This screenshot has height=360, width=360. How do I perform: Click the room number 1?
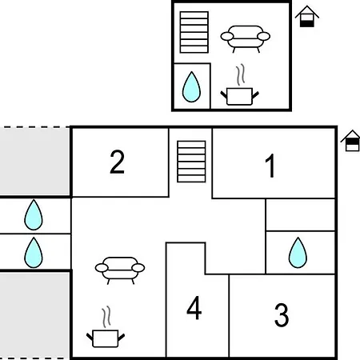click(x=270, y=166)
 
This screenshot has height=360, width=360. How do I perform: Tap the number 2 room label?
click(x=118, y=162)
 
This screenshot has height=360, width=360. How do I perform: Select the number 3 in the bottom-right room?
click(x=282, y=314)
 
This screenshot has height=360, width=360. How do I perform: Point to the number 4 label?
click(x=194, y=308)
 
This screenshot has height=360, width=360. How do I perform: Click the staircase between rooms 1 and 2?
click(x=191, y=162)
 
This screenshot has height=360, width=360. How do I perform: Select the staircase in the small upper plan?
click(x=194, y=32)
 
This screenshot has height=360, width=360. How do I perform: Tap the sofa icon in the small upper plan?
click(x=246, y=38)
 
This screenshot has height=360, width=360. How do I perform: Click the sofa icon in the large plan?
click(x=120, y=270)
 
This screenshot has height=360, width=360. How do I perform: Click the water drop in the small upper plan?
click(x=191, y=86)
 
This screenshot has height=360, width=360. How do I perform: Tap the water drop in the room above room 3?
click(x=298, y=253)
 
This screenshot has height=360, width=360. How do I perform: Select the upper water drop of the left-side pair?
click(x=34, y=214)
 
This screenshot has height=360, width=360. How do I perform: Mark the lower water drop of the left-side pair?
click(x=34, y=253)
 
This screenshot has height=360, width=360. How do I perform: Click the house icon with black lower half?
click(x=307, y=17)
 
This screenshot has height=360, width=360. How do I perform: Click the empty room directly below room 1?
click(x=300, y=214)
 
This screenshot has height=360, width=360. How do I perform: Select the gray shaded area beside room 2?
click(x=34, y=162)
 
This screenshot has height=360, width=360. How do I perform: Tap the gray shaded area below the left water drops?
click(x=34, y=315)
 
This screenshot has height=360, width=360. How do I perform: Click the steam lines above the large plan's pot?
click(x=106, y=318)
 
